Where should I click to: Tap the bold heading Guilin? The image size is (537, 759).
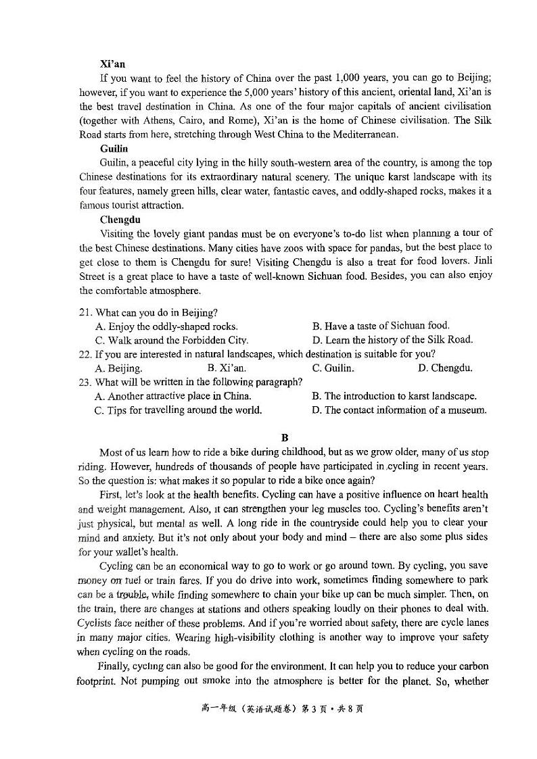pyautogui.click(x=114, y=149)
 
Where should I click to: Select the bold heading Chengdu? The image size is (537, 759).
pyautogui.click(x=120, y=219)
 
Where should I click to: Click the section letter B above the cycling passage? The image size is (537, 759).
pyautogui.click(x=285, y=437)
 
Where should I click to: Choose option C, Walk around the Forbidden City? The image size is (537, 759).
pyautogui.click(x=172, y=340)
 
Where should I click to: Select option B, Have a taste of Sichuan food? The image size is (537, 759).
pyautogui.click(x=380, y=326)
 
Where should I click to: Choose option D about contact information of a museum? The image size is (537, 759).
pyautogui.click(x=399, y=410)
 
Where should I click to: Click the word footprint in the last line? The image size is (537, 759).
pyautogui.click(x=99, y=681)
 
